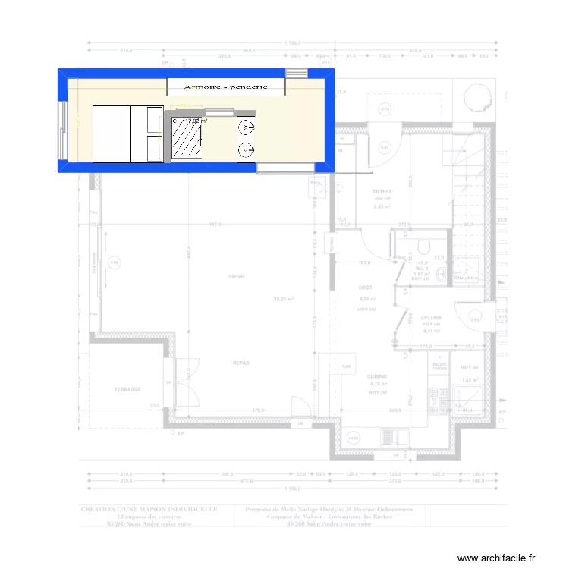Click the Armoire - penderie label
225,87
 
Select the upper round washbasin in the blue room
247,127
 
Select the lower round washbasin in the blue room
247,150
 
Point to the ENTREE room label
382,193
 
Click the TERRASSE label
128,389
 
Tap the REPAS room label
241,363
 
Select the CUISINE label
377,376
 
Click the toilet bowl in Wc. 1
423,247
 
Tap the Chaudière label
467,278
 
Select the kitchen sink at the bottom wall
354,438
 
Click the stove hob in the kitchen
438,395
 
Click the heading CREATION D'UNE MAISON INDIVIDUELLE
149,510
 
